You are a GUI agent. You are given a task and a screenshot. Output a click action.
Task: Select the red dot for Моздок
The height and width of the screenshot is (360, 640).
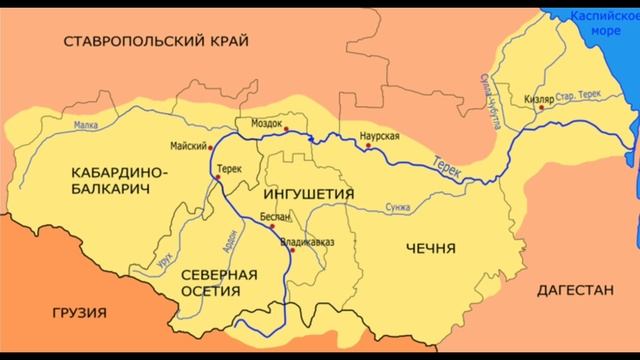click(x=285, y=129)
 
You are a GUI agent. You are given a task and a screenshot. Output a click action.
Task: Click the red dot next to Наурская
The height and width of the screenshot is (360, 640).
click(x=369, y=146)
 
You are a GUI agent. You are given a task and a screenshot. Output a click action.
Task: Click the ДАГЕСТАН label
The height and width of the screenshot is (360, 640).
click(x=574, y=290)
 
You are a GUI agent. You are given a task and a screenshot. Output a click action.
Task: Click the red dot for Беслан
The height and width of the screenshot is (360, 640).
click(x=272, y=227)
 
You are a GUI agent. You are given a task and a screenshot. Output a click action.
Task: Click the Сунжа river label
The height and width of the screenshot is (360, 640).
click(x=397, y=208)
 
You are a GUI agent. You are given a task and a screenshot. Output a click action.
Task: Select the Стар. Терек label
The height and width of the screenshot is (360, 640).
click(x=579, y=90)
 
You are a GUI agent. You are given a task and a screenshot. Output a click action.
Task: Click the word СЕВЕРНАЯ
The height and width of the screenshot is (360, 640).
click(x=218, y=274)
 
